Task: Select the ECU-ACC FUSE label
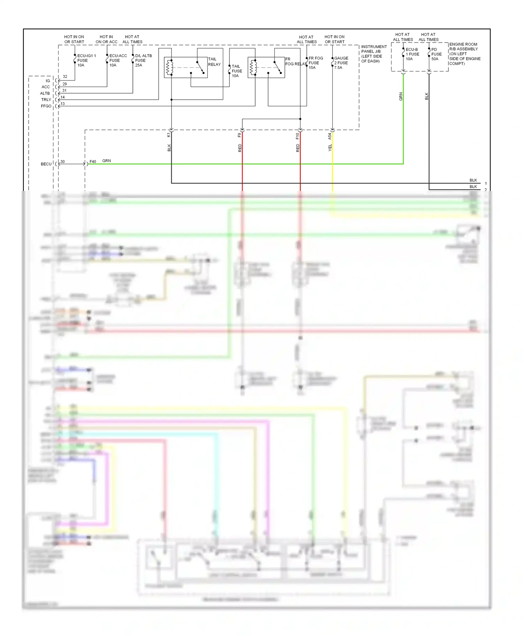coord(118,60)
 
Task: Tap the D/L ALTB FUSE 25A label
coord(143,60)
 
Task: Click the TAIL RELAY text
coord(214,62)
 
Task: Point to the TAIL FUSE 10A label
coord(237,71)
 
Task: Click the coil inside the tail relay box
coord(169,67)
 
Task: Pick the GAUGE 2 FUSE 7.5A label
coord(341,63)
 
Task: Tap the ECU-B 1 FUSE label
coord(412,54)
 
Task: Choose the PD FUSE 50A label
coord(436,54)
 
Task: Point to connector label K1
coord(169,135)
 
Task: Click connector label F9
coord(240,135)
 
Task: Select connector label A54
coord(329,136)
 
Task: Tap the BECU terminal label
coord(46,164)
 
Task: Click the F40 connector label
coord(93,161)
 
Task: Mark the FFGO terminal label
coord(46,106)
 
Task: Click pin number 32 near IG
coord(65,76)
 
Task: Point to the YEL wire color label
coord(330,147)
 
